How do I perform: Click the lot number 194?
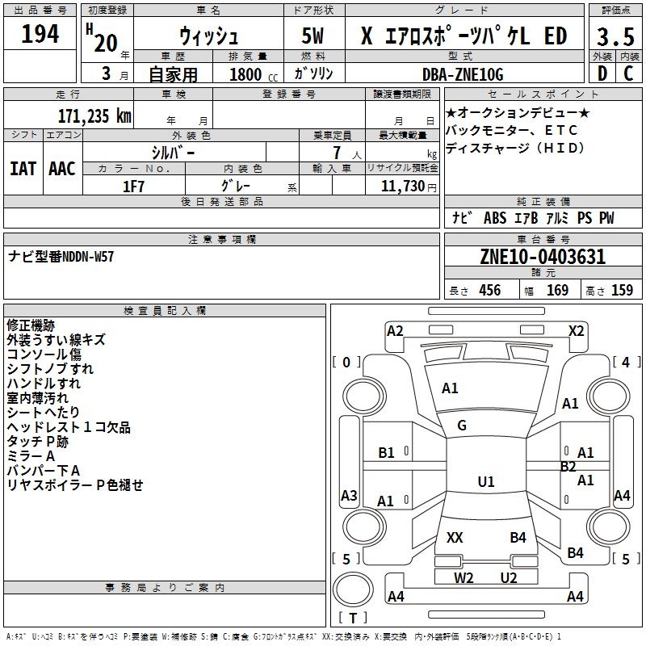40,34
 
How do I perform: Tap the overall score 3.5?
615,36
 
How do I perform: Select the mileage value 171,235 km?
94,116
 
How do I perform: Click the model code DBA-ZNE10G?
463,74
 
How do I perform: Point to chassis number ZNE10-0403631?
543,257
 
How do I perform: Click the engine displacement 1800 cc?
254,74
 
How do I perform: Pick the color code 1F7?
133,187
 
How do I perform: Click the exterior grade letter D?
602,73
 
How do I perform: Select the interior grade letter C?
628,73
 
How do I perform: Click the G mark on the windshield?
462,426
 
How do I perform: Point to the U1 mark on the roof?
486,481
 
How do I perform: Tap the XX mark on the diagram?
455,537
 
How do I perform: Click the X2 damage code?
576,331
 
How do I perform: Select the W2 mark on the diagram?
464,577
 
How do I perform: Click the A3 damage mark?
349,495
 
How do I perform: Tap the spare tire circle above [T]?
353,589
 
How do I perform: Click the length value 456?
490,291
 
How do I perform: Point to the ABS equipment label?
495,218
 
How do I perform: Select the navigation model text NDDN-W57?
88,257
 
